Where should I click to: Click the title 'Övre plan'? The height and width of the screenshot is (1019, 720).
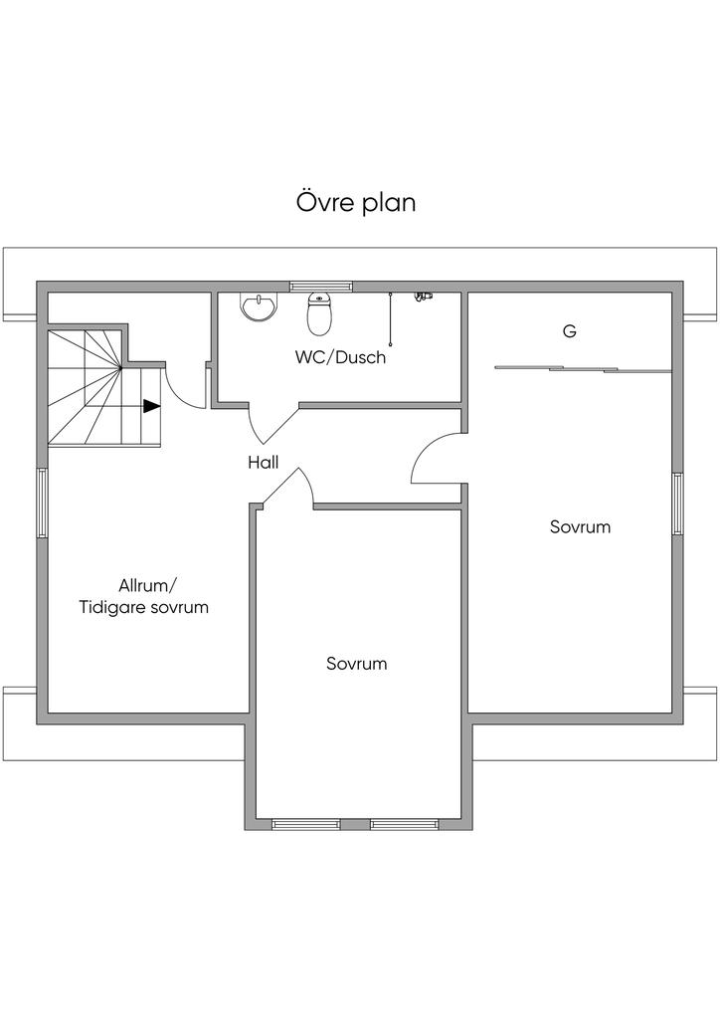coord(355,202)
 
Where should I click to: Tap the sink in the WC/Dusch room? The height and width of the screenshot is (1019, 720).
coord(259,306)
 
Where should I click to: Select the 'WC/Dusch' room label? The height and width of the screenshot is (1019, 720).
coord(340,357)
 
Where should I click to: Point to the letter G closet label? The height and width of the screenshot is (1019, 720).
coord(570,332)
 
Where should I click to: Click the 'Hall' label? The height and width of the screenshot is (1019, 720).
coord(264,462)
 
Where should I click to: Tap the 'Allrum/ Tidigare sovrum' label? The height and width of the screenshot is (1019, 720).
coord(144,596)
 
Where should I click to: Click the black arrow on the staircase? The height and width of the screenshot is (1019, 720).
coord(151,406)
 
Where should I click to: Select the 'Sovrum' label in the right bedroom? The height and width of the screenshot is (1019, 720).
coord(580,526)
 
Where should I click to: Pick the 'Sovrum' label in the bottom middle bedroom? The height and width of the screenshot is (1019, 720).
coord(356,664)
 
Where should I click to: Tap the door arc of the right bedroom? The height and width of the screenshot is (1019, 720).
coord(434,460)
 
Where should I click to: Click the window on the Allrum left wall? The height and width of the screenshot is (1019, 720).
coord(42,504)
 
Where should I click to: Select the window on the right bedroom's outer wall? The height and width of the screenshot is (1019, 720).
coord(677,504)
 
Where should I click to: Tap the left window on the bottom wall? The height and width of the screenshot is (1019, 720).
coord(305,824)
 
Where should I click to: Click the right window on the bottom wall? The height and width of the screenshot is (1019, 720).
coord(404,824)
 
